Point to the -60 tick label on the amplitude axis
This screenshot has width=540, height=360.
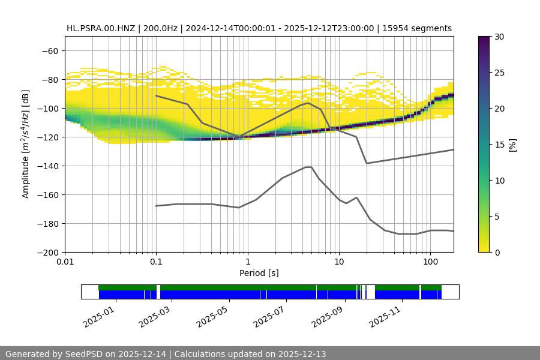coord(52,50)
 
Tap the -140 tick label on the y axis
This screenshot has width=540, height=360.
coord(49,166)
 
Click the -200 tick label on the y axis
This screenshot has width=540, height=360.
coord(49,252)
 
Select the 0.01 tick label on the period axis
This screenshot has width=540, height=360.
coord(65,262)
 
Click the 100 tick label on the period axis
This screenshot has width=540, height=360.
coord(430,262)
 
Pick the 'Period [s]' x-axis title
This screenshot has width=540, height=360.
coord(259,273)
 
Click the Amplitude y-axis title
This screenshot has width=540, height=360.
coord(25,144)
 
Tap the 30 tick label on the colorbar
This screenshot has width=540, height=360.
coord(499,37)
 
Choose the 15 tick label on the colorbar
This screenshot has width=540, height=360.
coord(499,145)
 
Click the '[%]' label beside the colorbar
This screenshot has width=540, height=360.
coord(512,145)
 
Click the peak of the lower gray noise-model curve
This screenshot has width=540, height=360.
coord(308,167)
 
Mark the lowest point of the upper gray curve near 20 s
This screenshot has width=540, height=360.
coord(367,163)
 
